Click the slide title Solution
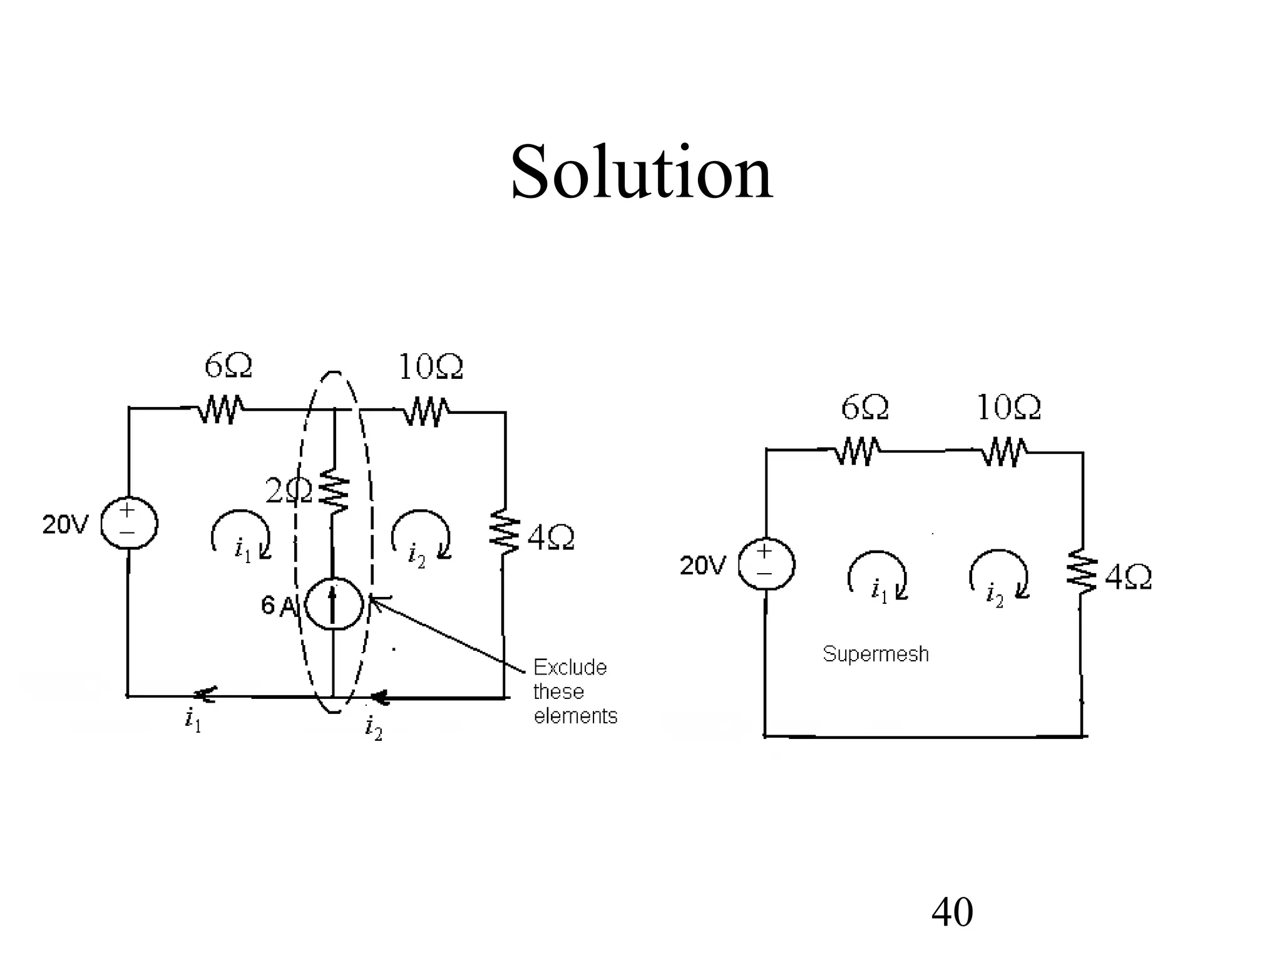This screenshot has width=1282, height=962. (x=641, y=172)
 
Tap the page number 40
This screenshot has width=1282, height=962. (x=951, y=912)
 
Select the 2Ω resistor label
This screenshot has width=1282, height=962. (x=288, y=491)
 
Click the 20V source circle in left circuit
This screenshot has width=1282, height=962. (x=128, y=523)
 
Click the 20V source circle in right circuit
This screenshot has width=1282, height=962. (x=766, y=564)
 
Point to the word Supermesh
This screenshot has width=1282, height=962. (x=875, y=654)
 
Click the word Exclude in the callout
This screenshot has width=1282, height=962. (x=570, y=668)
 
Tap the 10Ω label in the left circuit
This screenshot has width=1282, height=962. (x=431, y=367)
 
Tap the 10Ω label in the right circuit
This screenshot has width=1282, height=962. (x=1008, y=408)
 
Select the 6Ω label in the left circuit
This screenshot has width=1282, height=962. (x=228, y=366)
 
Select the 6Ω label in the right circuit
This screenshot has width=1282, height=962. (x=864, y=408)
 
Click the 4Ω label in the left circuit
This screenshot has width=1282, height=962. (x=550, y=538)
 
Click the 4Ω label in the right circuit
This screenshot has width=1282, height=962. (x=1128, y=577)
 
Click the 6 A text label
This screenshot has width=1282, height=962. (x=277, y=606)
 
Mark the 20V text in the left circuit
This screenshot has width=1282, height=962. (x=66, y=525)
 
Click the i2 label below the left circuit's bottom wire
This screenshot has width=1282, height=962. (x=373, y=728)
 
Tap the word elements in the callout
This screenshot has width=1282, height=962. (x=575, y=716)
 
